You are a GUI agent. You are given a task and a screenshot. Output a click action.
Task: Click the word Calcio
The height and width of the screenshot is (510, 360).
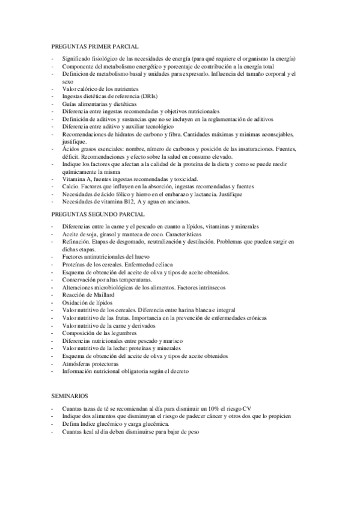click(x=70, y=186)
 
